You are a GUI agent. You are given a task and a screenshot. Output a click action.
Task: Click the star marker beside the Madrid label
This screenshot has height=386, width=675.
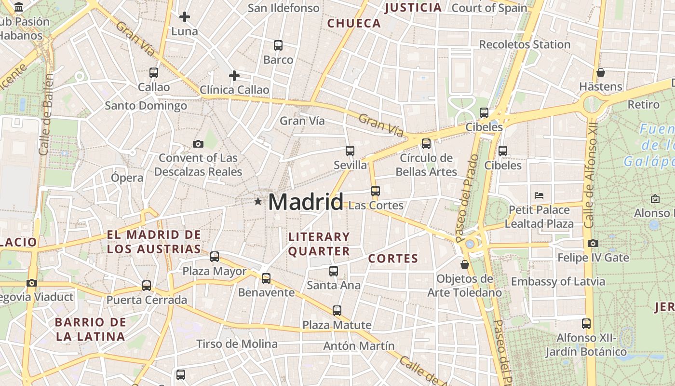(x=258, y=201)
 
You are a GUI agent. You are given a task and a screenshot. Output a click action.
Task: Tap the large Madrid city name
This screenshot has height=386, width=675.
(x=306, y=202)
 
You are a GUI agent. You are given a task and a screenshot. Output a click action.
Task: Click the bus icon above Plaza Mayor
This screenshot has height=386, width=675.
(x=215, y=257)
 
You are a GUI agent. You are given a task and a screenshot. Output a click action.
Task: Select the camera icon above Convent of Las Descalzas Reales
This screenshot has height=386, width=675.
(x=198, y=144)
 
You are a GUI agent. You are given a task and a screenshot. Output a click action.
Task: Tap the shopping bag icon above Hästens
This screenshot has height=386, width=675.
(x=600, y=72)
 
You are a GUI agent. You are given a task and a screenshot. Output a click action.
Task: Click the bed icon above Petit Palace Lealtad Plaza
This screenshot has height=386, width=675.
(x=539, y=195)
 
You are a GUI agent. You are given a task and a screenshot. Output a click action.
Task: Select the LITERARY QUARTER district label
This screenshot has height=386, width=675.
(x=319, y=244)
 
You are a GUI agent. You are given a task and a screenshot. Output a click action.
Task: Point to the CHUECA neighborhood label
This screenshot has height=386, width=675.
(x=354, y=23)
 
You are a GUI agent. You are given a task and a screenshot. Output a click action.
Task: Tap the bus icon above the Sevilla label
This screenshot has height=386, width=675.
(x=350, y=151)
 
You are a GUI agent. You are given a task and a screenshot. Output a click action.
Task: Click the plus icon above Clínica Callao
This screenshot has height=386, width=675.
(x=234, y=76)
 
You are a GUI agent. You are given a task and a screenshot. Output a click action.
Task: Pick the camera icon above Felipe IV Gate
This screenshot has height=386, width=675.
(x=593, y=244)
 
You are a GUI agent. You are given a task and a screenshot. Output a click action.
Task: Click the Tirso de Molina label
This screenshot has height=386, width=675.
(x=237, y=344)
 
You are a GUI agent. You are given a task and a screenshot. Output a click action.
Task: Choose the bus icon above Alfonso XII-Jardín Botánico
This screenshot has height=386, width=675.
(x=586, y=323)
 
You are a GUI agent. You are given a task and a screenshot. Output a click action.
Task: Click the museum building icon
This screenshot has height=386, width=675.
(x=19, y=7)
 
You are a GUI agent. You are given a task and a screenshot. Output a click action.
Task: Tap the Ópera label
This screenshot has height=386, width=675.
(x=127, y=178)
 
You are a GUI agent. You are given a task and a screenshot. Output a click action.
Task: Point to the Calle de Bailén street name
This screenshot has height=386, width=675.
(x=46, y=114)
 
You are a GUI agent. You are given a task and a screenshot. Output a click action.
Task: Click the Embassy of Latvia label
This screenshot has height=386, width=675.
(x=558, y=281)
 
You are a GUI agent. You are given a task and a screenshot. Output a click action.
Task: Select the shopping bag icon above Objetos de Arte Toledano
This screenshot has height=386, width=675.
(x=464, y=264)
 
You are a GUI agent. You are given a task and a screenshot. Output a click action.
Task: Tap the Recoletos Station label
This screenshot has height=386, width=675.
(x=525, y=44)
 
